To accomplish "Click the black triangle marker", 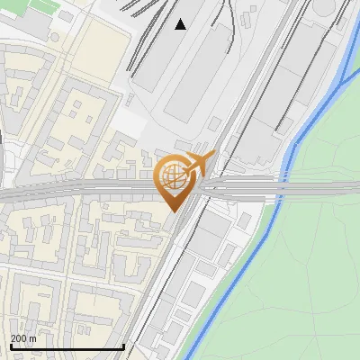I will [x=181, y=24].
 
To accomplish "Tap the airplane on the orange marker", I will [x=202, y=163].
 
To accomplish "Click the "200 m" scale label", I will [x=24, y=338].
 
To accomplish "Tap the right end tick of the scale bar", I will [x=123, y=345].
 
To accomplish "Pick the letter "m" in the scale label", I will [x=33, y=338].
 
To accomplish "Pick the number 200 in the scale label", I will [x=19, y=338].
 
